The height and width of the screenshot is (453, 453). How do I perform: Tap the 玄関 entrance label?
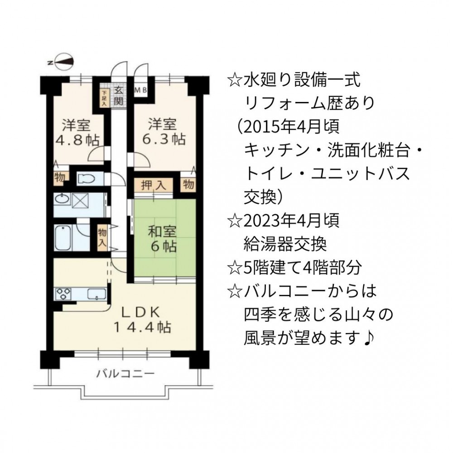point(118,96)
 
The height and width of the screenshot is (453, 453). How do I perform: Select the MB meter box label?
point(141,90)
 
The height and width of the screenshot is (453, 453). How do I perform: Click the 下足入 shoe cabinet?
point(104,98)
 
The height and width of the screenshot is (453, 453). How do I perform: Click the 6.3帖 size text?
point(164,139)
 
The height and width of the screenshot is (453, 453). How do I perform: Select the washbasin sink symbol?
point(62,199)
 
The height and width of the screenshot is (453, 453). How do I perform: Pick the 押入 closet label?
point(154,185)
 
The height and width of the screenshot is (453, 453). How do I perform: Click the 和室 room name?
point(162,232)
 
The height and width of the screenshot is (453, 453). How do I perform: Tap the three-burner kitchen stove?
point(63,294)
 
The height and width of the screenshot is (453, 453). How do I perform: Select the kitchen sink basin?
point(97,294)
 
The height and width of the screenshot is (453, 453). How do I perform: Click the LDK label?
point(140,312)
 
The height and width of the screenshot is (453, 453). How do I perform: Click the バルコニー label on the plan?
point(125,374)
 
